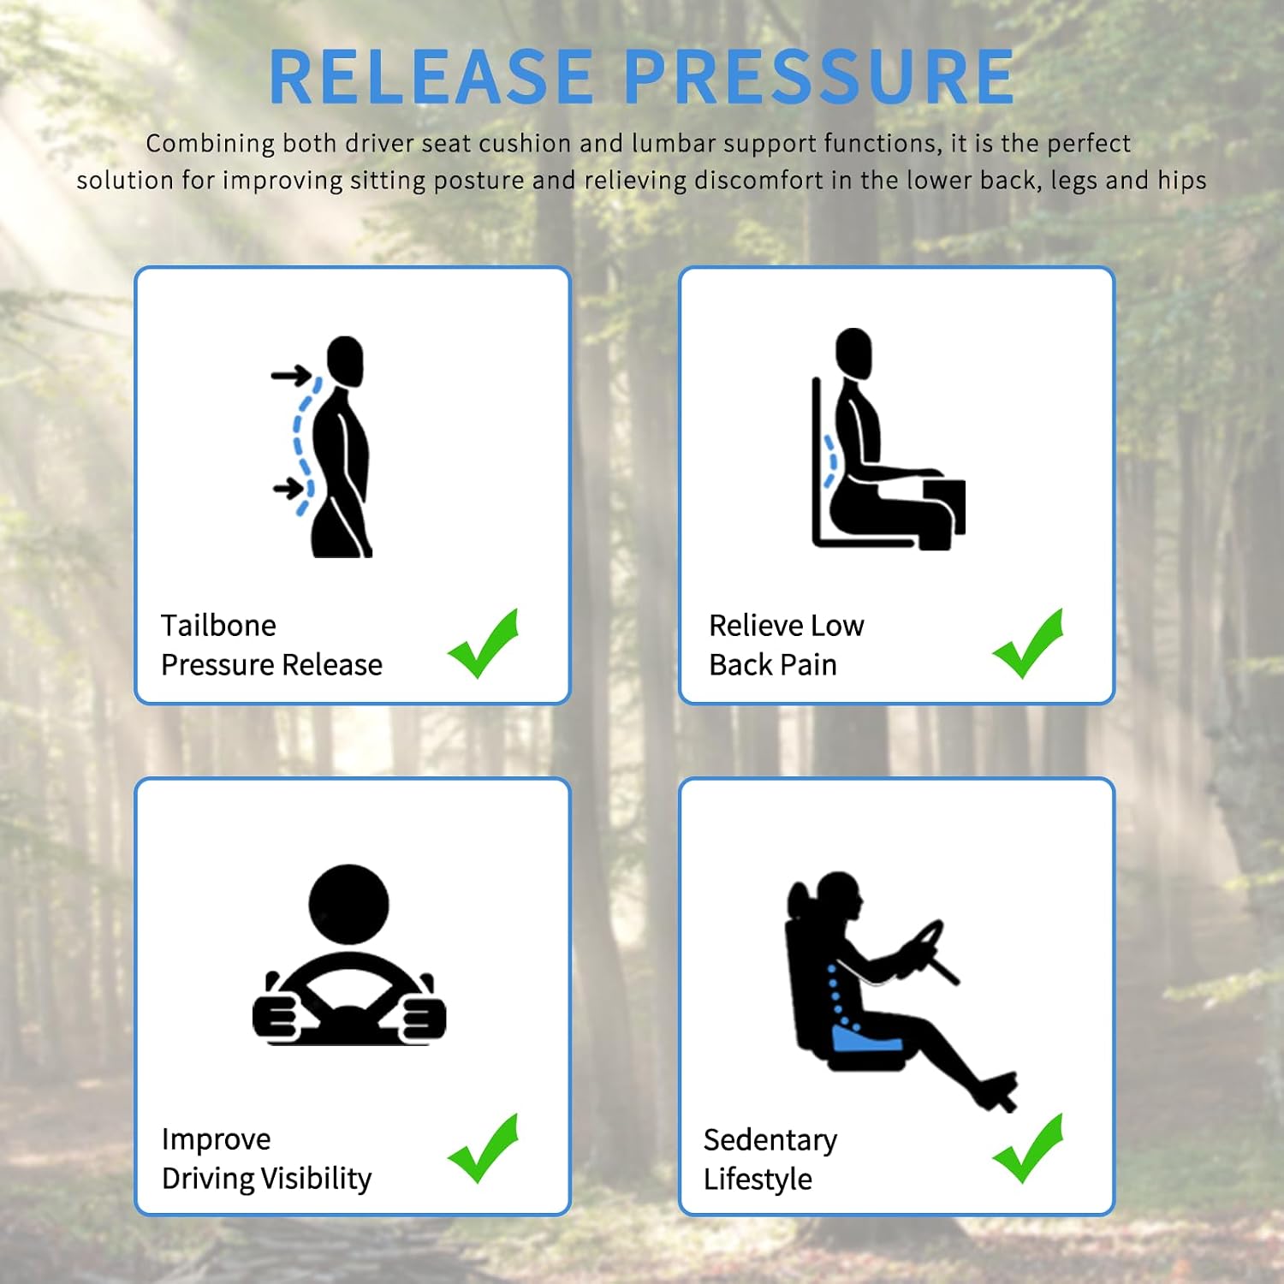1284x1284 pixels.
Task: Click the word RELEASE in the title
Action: tap(431, 77)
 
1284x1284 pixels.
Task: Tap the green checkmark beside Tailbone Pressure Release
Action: tap(484, 644)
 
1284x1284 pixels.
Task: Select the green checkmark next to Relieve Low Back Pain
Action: tap(1028, 644)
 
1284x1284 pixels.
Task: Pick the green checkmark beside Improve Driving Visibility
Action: tap(484, 1149)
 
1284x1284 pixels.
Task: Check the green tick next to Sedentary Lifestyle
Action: tap(1028, 1149)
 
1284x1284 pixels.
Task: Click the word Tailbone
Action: tap(218, 626)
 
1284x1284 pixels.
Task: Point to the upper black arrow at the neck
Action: tap(291, 375)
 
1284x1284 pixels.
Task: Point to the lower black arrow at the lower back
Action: tap(289, 490)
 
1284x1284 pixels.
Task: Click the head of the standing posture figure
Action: tap(345, 361)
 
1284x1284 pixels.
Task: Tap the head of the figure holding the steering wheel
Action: tap(348, 905)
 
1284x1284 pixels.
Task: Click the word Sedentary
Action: tap(770, 1140)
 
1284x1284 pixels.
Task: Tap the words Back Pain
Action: tap(773, 665)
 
